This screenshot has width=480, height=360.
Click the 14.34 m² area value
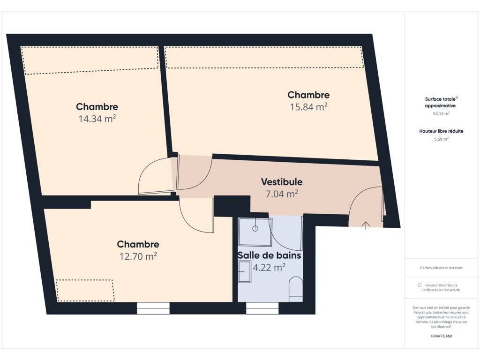(x=97, y=119)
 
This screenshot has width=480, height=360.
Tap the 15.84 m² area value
(x=308, y=107)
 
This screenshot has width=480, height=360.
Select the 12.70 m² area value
(x=138, y=256)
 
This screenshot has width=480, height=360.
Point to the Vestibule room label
(x=282, y=182)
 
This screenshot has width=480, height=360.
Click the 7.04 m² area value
(x=282, y=194)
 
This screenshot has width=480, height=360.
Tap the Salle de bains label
(x=270, y=255)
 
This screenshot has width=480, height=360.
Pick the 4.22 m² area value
(x=269, y=267)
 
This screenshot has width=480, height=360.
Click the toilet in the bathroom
(x=296, y=289)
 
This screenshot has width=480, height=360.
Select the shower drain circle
(x=255, y=228)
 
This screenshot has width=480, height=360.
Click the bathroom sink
(x=245, y=271)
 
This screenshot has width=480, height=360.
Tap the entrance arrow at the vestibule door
(x=366, y=225)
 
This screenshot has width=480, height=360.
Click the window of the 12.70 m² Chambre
(x=153, y=308)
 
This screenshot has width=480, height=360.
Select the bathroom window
(x=262, y=308)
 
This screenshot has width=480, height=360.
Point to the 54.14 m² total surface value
(x=441, y=113)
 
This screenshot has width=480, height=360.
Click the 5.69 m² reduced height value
(x=441, y=139)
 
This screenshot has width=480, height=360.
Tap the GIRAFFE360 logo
(x=441, y=336)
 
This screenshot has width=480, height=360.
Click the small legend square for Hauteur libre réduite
(x=420, y=285)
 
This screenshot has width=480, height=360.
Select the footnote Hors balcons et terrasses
(x=441, y=268)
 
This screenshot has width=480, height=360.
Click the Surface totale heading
(x=441, y=102)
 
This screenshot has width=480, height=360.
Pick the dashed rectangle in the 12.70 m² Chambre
(x=85, y=290)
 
